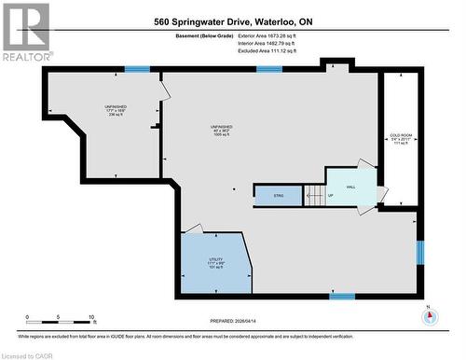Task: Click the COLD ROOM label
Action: click(x=401, y=139)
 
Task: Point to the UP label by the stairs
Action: click(x=330, y=196)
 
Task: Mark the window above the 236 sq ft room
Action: click(x=138, y=69)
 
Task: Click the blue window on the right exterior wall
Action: click(x=419, y=252)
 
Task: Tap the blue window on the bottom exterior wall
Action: click(x=342, y=297)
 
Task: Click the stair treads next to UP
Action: click(x=313, y=196)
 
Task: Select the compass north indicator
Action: click(x=429, y=315)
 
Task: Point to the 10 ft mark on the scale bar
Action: click(x=92, y=317)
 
